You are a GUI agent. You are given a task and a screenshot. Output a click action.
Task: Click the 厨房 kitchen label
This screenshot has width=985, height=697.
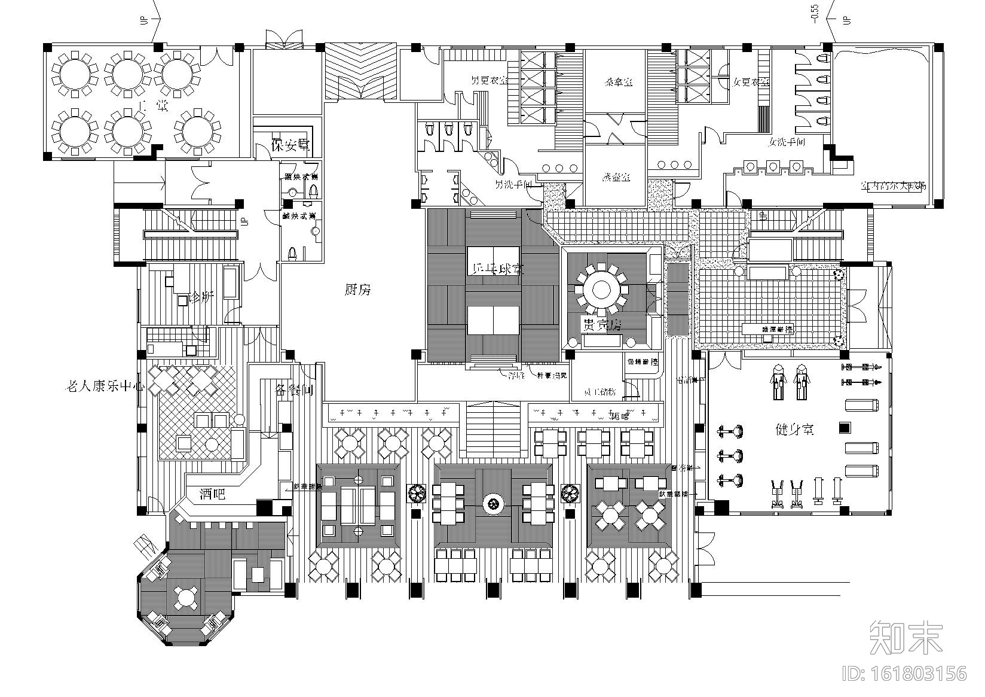(357, 290)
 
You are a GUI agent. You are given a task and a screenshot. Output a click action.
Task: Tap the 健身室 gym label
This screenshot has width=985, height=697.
(794, 429)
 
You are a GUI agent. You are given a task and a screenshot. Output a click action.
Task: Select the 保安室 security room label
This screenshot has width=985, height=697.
(290, 145)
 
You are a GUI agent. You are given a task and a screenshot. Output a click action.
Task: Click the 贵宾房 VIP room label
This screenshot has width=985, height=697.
(602, 325)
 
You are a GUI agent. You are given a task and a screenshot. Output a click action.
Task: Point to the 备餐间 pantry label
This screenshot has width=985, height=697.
(294, 390)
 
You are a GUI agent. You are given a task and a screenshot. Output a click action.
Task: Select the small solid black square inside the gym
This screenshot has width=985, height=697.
(843, 427)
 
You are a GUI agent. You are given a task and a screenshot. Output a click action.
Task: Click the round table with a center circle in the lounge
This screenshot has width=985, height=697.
(493, 504)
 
